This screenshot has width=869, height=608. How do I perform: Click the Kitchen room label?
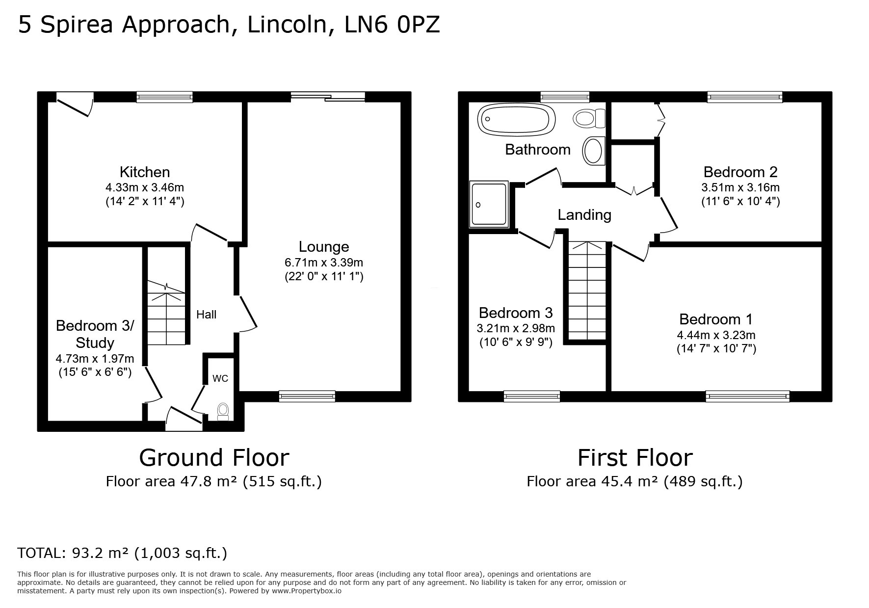(145, 172)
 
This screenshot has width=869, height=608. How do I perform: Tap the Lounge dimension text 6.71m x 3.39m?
(324, 263)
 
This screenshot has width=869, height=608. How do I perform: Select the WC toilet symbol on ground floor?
(223, 412)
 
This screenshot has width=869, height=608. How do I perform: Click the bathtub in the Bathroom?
(516, 119)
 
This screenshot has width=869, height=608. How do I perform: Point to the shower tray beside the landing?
(489, 204)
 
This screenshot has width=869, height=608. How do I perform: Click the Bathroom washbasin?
(593, 151)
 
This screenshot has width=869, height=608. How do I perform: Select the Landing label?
(584, 215)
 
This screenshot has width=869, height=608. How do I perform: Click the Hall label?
(206, 315)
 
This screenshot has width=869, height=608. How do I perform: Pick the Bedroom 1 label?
(716, 319)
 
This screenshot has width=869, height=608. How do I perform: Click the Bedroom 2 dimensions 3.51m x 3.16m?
(740, 187)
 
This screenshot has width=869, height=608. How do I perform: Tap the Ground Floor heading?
(214, 458)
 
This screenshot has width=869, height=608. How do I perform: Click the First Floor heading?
(634, 458)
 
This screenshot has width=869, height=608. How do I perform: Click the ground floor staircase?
(167, 314)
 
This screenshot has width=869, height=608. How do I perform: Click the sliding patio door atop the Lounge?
(328, 97)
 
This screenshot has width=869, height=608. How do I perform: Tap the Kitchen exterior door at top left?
(75, 104)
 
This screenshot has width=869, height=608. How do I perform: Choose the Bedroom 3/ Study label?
(95, 334)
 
